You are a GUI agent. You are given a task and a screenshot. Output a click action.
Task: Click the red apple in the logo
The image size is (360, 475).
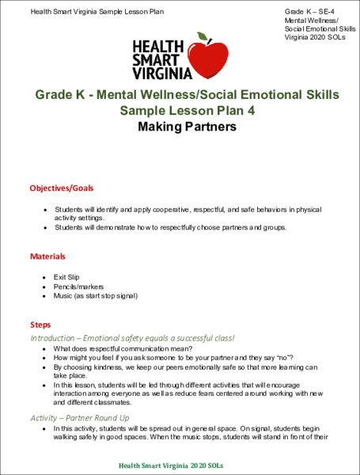pos(211,59)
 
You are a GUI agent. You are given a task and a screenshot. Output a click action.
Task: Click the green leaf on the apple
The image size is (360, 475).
pos(205,36)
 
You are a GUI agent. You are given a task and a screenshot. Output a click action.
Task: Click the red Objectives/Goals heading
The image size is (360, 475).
pos(62,188)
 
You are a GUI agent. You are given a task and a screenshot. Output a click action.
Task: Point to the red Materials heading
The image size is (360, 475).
pos(47,256)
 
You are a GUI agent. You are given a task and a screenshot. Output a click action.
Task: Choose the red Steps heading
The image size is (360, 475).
pos(40,325)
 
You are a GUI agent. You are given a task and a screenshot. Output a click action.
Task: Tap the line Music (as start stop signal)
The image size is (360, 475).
pos(96,296)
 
